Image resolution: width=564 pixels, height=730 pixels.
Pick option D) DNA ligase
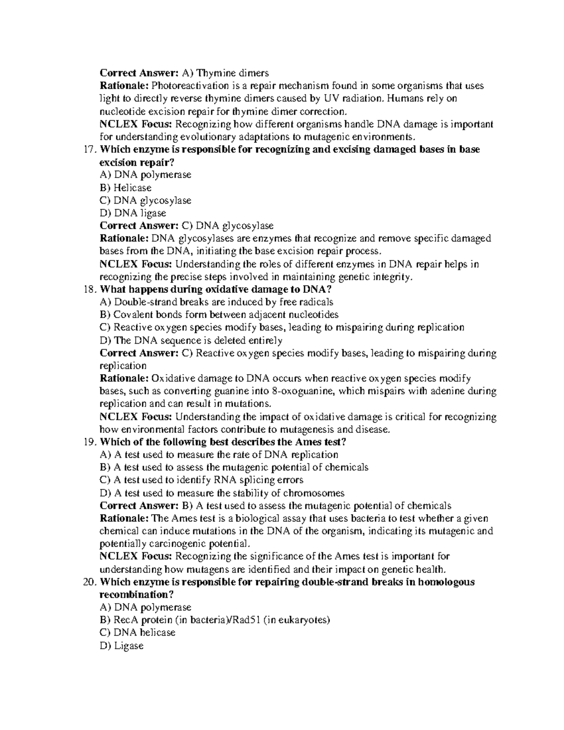[x=133, y=213]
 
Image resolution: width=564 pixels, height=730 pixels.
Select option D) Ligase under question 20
[x=121, y=646]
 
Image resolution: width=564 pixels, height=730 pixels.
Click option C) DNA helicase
[x=138, y=633]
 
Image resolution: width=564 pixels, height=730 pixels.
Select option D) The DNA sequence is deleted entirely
[x=191, y=340]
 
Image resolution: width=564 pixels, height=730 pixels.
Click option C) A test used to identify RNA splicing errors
[x=202, y=480]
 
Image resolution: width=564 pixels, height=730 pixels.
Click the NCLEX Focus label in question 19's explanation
[x=136, y=557]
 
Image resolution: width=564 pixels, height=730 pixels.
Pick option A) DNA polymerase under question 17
[x=146, y=175]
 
